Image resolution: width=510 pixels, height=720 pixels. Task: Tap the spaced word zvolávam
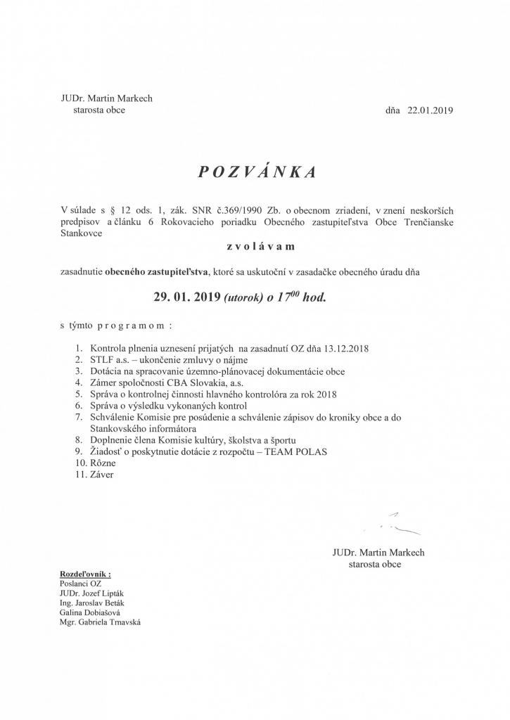tap(255, 247)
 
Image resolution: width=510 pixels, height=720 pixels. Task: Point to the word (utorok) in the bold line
tap(246, 297)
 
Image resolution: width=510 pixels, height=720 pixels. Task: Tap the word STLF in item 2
tap(100, 359)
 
